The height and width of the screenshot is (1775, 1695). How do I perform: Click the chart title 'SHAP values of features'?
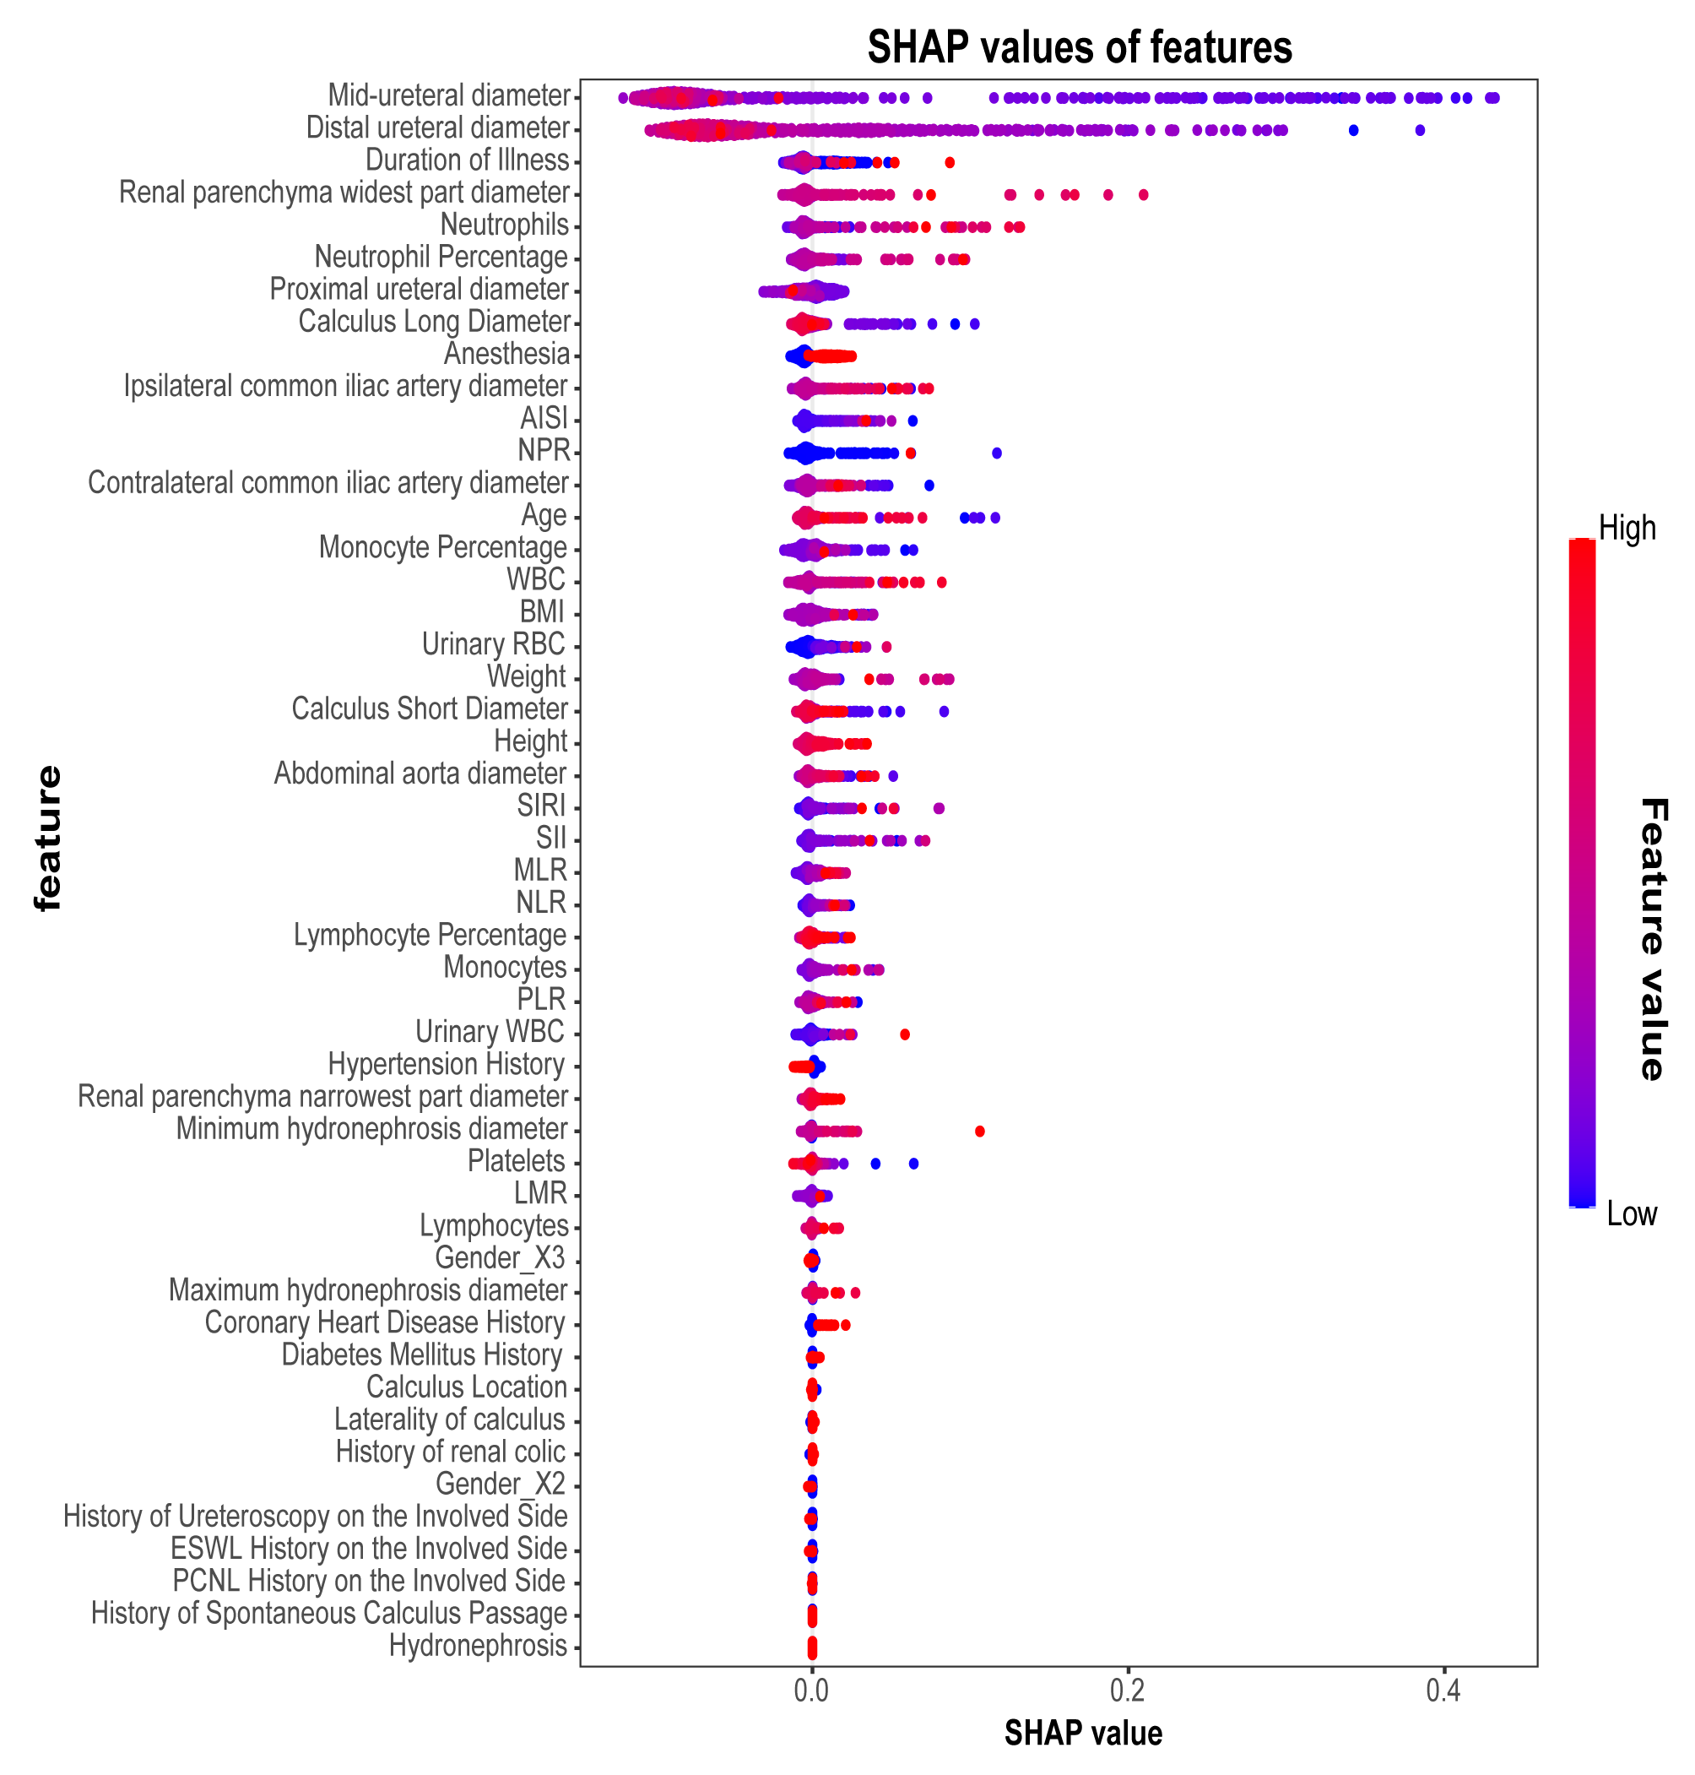1079,47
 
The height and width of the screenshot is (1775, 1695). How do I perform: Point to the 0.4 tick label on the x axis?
1443,1689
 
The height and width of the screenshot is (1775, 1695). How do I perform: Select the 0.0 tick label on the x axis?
811,1689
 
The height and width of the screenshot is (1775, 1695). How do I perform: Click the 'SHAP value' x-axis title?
1082,1733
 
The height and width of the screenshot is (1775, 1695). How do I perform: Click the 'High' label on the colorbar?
1627,528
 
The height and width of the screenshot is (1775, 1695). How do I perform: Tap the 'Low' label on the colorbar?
1631,1213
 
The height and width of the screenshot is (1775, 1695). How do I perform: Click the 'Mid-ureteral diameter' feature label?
448,95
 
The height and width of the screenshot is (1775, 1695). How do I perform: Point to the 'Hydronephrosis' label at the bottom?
477,1645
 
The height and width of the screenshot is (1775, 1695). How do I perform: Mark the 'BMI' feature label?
541,612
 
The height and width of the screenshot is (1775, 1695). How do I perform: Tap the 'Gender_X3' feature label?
500,1257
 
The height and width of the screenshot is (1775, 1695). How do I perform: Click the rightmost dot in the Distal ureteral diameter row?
1420,130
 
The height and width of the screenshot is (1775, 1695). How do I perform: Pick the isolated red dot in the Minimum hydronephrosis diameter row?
979,1131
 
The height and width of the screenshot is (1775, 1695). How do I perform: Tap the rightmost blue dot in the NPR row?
997,453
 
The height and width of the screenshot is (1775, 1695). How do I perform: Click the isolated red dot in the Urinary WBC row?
904,1034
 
